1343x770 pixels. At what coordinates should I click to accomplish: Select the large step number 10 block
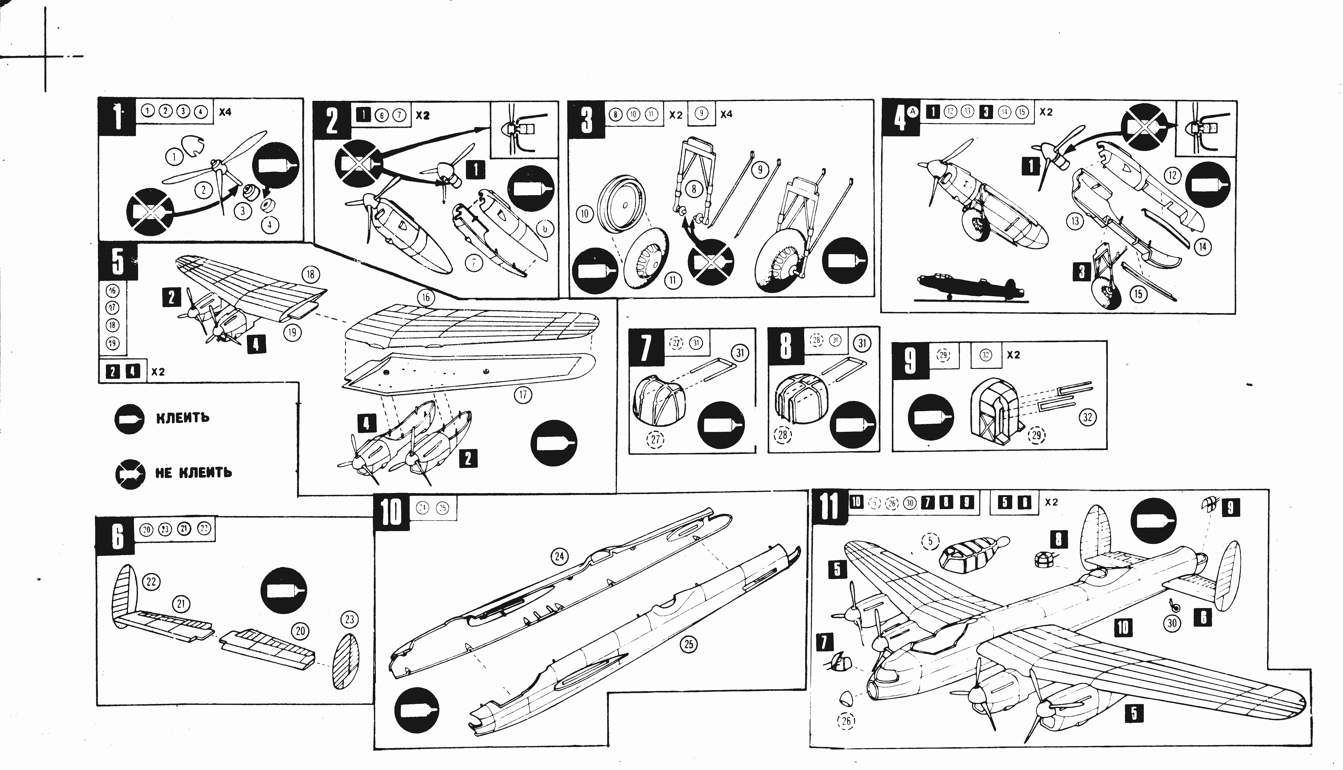(x=391, y=512)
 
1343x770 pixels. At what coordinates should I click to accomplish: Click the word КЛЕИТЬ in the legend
(x=183, y=418)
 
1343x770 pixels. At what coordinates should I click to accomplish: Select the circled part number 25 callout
(x=688, y=644)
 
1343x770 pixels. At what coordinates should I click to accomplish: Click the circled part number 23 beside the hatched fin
(x=350, y=619)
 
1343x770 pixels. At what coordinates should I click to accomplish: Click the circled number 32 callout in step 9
(x=1087, y=417)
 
